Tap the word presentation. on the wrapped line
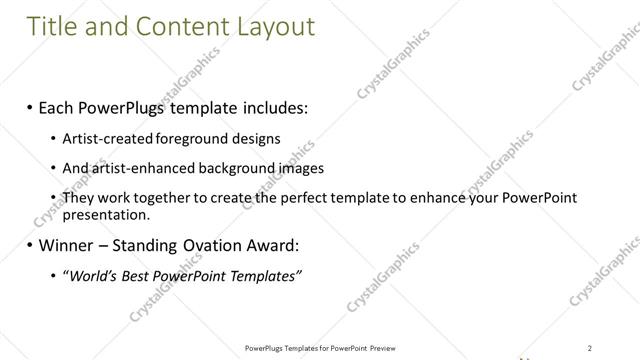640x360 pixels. (107, 214)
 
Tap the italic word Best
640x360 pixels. (137, 276)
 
